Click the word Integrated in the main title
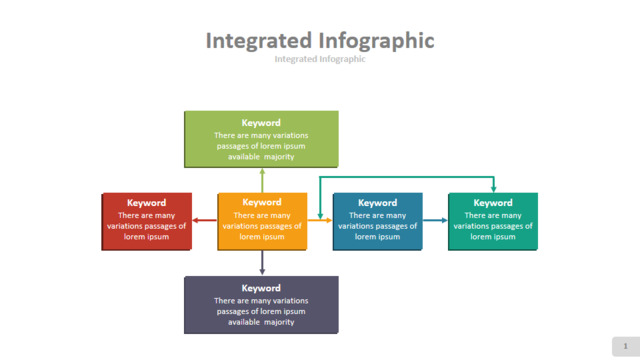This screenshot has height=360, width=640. click(x=259, y=41)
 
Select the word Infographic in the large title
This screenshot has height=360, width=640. click(x=376, y=42)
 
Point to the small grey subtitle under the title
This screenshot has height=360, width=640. click(x=320, y=59)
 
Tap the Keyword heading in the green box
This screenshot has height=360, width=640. click(x=261, y=123)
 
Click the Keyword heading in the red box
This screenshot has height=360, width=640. click(x=146, y=203)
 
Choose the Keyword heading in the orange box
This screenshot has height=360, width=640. click(x=262, y=202)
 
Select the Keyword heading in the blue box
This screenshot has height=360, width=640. click(x=378, y=203)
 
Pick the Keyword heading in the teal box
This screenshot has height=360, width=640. click(x=493, y=203)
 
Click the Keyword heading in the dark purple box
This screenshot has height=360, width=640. click(x=261, y=288)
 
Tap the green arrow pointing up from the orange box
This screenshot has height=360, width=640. click(x=262, y=180)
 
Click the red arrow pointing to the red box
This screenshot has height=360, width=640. click(x=204, y=220)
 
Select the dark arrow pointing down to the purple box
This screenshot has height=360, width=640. click(x=262, y=262)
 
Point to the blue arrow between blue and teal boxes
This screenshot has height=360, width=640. click(x=435, y=220)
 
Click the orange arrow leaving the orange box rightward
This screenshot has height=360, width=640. click(x=320, y=220)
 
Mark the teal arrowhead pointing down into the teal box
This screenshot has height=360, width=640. click(x=493, y=189)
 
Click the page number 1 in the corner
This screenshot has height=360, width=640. click(x=625, y=346)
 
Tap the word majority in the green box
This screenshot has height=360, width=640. click(x=279, y=157)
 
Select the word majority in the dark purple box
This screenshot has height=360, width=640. click(x=279, y=322)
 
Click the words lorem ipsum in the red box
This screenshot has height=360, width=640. click(x=146, y=237)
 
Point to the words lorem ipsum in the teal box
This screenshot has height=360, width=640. click(x=493, y=237)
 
